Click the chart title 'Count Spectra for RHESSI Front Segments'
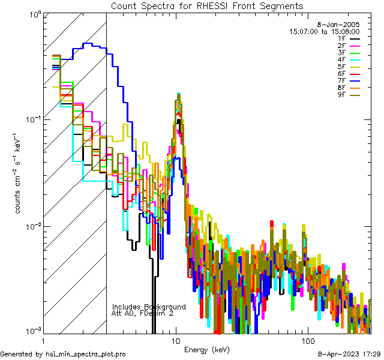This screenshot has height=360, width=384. point(207,6)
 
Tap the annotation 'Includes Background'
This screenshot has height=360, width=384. point(149,307)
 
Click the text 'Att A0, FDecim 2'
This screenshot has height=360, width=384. point(143,313)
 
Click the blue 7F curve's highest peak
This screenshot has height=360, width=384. point(88,43)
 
